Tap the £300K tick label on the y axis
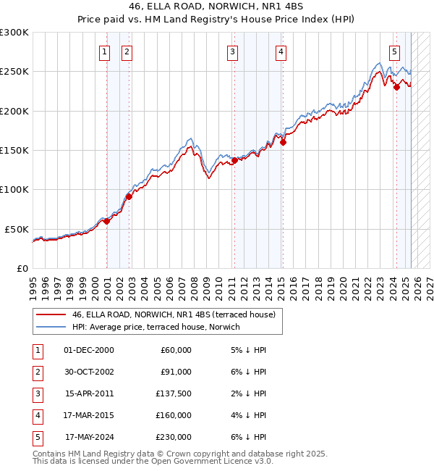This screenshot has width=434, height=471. (14, 33)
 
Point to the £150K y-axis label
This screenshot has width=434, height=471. (14, 151)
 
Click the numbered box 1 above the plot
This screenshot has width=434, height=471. (104, 51)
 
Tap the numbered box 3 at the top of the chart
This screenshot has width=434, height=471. (232, 51)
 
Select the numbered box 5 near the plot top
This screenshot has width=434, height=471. (394, 51)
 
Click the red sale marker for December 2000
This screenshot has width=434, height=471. (106, 222)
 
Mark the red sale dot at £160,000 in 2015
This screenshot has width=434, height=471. (283, 143)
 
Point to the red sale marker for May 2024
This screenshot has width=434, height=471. (396, 88)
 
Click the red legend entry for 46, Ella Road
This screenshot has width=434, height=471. (174, 315)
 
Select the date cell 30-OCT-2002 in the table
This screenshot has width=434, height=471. (89, 372)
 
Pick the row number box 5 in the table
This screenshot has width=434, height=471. (37, 437)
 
